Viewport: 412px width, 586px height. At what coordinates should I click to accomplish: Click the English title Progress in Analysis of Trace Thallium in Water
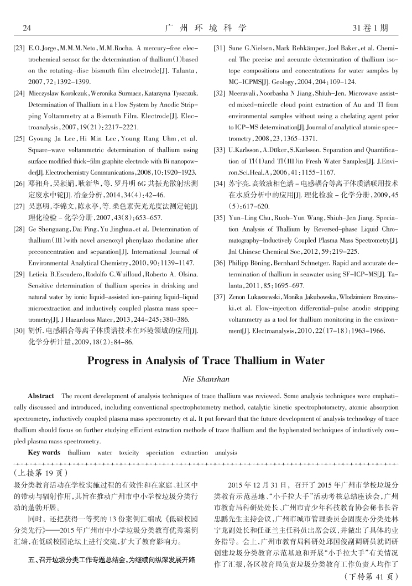click(205, 361)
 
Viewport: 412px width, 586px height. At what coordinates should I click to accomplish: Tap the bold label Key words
click(44, 452)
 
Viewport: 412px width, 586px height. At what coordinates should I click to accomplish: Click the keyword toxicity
click(129, 452)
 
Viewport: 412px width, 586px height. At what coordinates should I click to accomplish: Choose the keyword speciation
click(160, 452)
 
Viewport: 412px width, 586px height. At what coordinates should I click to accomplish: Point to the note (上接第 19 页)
click(41, 473)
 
